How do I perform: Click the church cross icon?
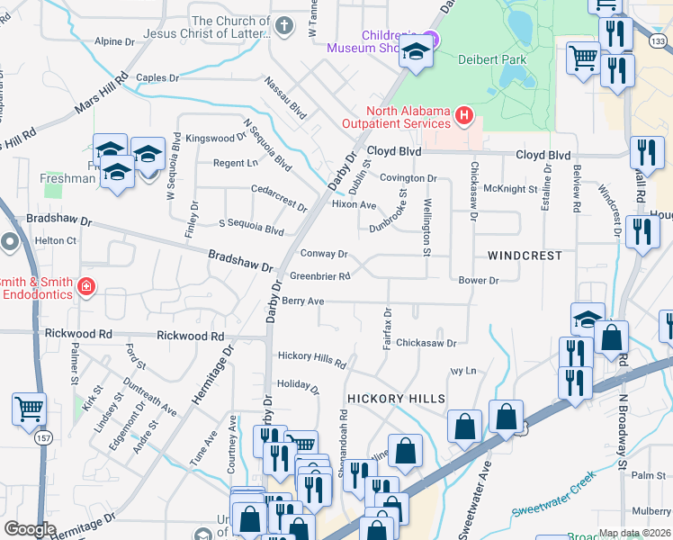click(284, 24)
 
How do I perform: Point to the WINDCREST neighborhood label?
click(525, 256)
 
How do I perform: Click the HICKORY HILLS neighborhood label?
click(396, 399)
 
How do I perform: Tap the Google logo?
click(30, 529)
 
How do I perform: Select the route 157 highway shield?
click(43, 440)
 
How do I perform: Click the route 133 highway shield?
click(660, 41)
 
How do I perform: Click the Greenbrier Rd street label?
click(319, 276)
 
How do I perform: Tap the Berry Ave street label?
click(302, 301)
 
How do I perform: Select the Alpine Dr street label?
click(114, 41)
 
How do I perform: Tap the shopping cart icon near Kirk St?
click(30, 409)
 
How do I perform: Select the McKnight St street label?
click(510, 189)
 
